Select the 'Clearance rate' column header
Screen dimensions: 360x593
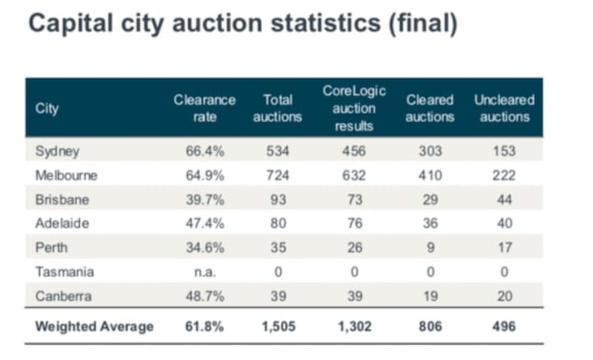coord(204,108)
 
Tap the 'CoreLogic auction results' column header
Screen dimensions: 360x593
coord(354,108)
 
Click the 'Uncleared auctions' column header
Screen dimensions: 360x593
coord(504,108)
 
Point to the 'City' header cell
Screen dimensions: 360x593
coord(47,109)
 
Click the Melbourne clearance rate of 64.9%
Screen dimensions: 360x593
coord(204,175)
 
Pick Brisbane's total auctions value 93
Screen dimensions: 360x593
coord(278,199)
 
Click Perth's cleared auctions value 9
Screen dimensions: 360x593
coord(430,248)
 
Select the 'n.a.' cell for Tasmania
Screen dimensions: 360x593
coord(204,272)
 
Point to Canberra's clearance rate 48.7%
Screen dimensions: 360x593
coord(204,297)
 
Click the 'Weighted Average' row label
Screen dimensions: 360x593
coord(94,327)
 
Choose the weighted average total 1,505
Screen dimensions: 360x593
coord(278,327)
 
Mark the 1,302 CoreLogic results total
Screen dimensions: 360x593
coord(354,327)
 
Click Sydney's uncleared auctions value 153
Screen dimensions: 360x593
coord(505,151)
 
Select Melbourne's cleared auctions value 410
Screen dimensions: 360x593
coord(430,175)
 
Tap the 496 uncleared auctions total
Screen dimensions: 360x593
coord(505,327)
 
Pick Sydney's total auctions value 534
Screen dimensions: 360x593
coord(278,151)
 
